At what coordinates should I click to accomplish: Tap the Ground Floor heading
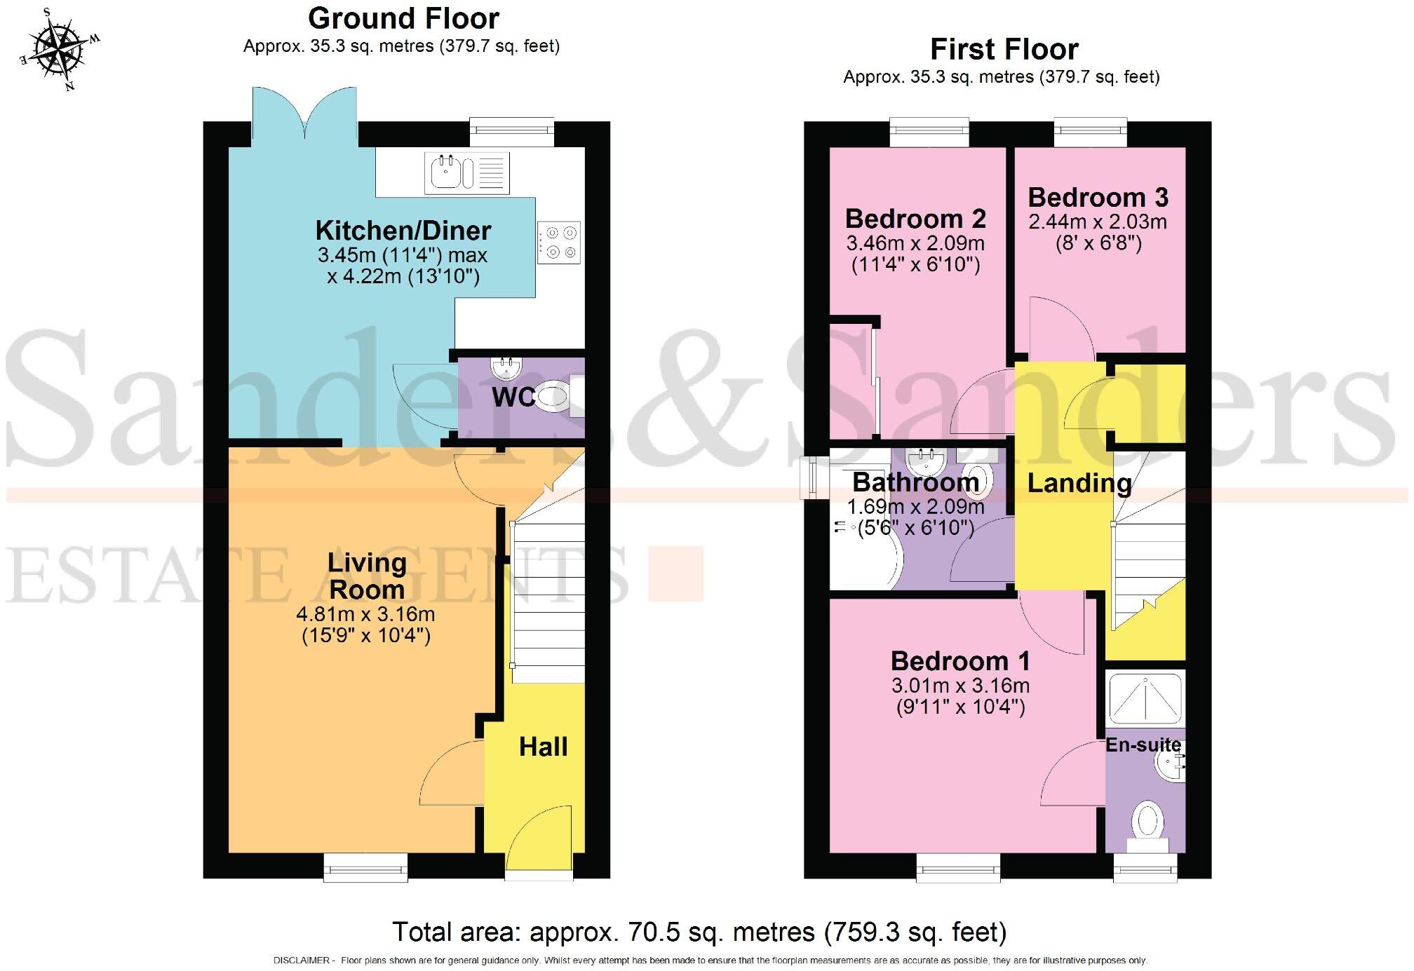pyautogui.click(x=403, y=18)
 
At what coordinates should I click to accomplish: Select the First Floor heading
pyautogui.click(x=1004, y=50)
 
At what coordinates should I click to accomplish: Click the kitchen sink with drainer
pyautogui.click(x=466, y=172)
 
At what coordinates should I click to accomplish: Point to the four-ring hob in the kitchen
pyautogui.click(x=560, y=243)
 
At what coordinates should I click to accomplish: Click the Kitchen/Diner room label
pyautogui.click(x=403, y=230)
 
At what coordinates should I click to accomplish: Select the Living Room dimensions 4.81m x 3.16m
pyautogui.click(x=365, y=615)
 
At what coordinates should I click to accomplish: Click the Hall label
pyautogui.click(x=543, y=747)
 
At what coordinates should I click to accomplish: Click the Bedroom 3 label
pyautogui.click(x=1098, y=197)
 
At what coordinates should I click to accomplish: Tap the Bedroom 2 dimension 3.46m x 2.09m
pyautogui.click(x=915, y=243)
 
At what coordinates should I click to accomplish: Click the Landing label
pyautogui.click(x=1079, y=483)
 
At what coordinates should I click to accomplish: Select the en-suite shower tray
pyautogui.click(x=1145, y=698)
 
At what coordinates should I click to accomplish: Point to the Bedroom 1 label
pyautogui.click(x=960, y=661)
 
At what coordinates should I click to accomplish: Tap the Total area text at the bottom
pyautogui.click(x=699, y=932)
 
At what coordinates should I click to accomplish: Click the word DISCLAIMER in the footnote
pyautogui.click(x=300, y=960)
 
